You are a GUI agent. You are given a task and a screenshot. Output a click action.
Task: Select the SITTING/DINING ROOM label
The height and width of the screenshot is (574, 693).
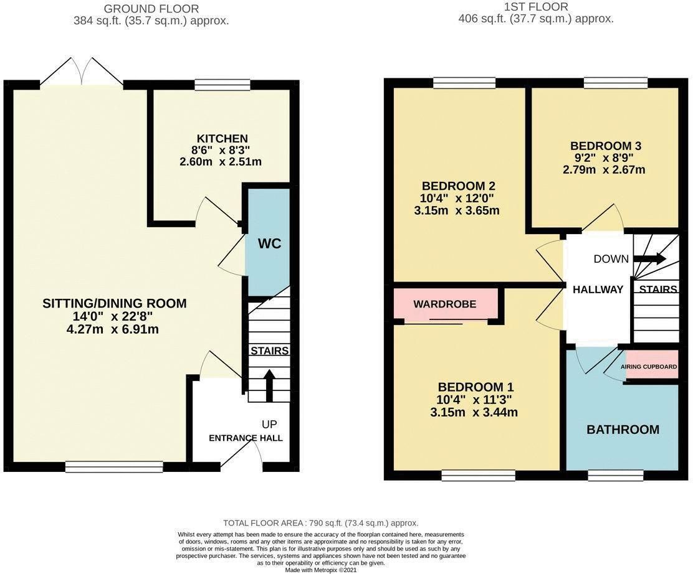[x=115, y=304]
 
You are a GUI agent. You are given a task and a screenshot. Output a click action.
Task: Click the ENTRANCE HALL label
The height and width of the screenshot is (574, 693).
[x=246, y=438]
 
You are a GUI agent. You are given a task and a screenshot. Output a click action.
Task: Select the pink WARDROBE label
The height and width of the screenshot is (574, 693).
[x=445, y=304]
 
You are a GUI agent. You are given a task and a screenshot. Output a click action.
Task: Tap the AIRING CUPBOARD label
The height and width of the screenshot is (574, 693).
[x=649, y=367]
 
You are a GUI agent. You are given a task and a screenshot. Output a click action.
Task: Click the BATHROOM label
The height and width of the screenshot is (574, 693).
[x=623, y=430]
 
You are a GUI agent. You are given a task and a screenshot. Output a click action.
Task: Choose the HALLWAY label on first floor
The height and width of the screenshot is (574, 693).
[x=598, y=289]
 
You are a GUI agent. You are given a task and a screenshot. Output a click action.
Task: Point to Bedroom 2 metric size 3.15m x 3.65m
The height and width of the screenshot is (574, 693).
[x=458, y=210]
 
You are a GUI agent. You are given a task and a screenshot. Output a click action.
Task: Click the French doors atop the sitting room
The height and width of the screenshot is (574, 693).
[x=82, y=73]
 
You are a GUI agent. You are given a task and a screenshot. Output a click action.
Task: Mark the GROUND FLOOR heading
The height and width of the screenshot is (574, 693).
[x=151, y=9]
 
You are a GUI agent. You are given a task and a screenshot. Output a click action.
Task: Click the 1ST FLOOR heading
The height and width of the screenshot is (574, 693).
[x=536, y=7]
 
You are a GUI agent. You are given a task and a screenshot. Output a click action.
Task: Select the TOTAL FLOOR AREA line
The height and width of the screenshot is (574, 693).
[x=321, y=523]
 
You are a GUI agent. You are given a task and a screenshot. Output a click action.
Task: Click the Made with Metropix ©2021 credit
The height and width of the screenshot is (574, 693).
[x=321, y=570]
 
